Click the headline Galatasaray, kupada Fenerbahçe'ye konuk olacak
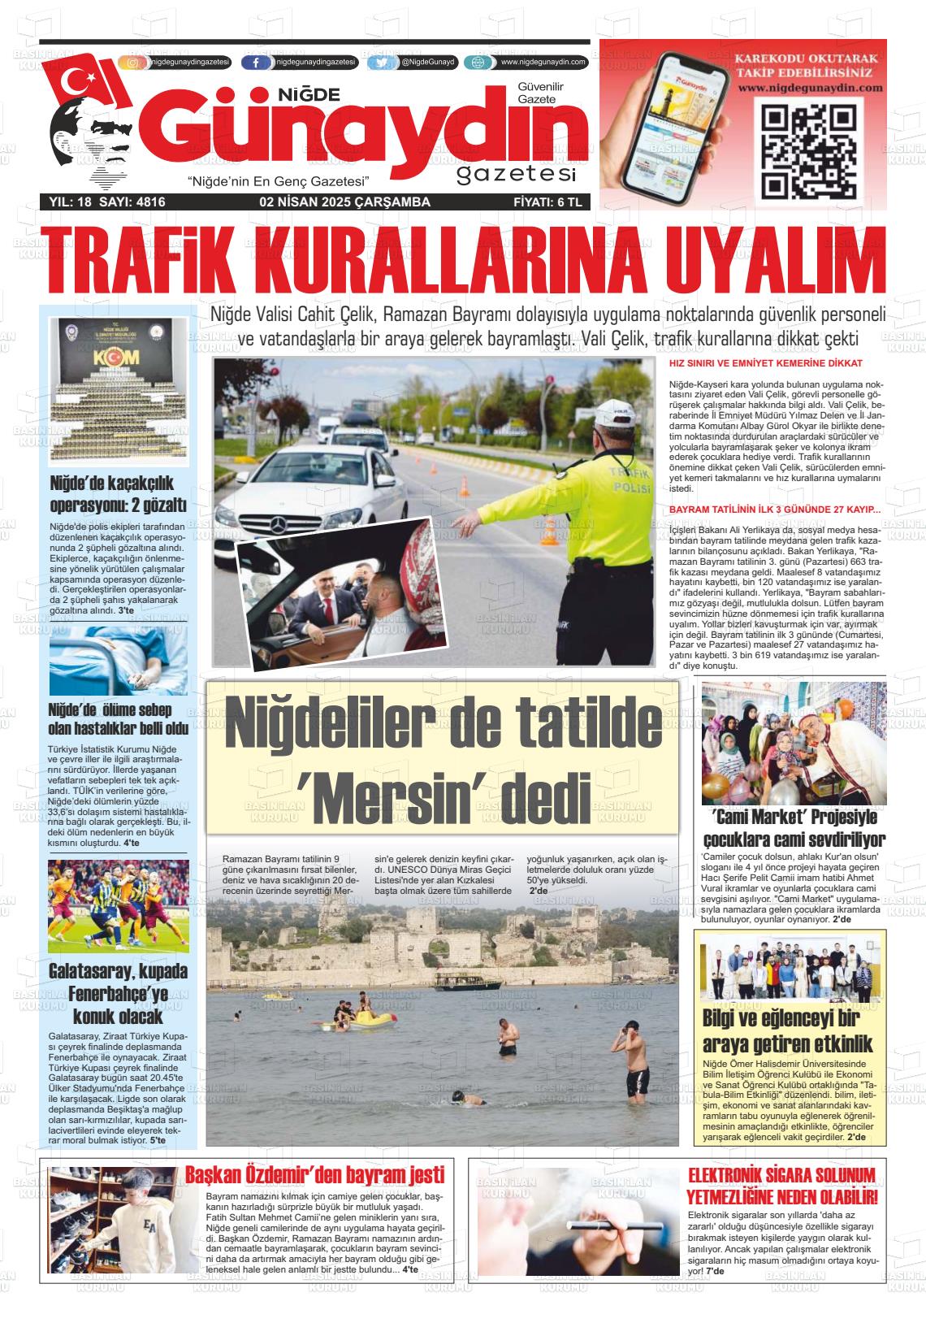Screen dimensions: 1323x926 point(118,993)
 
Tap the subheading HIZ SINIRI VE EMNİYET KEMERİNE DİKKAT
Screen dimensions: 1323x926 point(765,363)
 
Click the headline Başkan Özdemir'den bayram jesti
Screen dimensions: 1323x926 point(315,1174)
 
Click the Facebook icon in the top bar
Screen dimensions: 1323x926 point(257,63)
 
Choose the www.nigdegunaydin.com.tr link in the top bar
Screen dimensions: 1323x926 point(543,63)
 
